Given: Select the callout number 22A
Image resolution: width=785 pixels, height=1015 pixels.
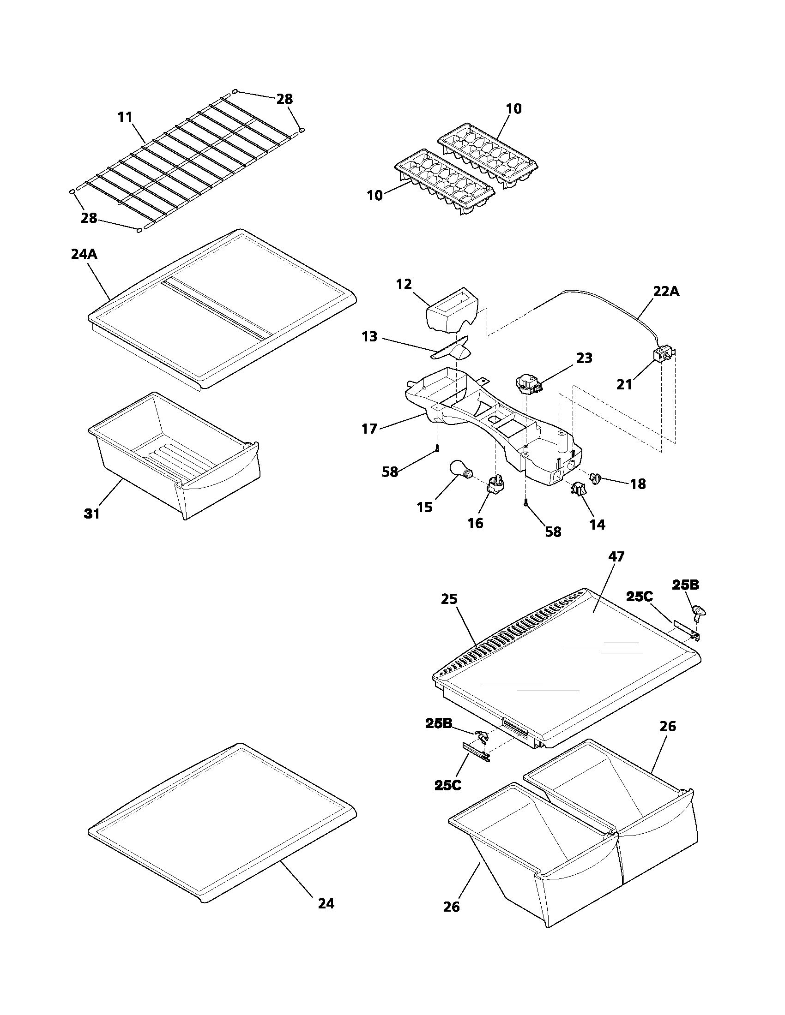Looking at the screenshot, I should (x=666, y=292).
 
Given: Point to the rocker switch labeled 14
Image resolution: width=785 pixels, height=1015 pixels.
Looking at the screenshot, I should (x=578, y=489).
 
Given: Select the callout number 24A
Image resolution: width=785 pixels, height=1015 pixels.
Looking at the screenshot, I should (x=84, y=254).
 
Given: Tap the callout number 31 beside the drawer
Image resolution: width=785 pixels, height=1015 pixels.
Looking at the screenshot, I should (x=91, y=513).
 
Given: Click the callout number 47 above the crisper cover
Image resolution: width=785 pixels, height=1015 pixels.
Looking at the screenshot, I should (x=616, y=556).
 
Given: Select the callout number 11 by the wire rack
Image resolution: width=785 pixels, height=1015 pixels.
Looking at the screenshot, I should (x=125, y=117).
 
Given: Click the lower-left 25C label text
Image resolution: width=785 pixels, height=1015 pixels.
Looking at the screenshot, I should (x=448, y=785).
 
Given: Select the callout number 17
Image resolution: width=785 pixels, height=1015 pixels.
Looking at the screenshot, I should (x=369, y=429).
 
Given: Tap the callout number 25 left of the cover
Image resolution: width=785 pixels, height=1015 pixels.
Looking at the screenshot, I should (x=449, y=599).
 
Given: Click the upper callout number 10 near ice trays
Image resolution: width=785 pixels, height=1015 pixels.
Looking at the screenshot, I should (x=513, y=109).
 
